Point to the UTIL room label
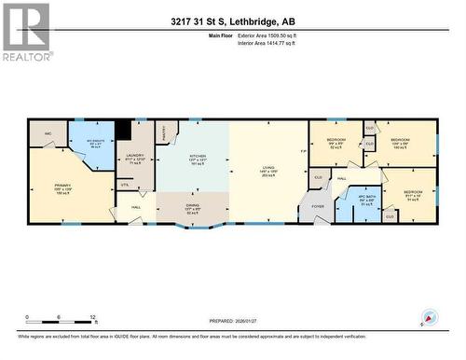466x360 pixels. click(x=123, y=187)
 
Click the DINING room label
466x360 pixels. click(x=191, y=210)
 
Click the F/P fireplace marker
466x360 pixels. click(x=302, y=151)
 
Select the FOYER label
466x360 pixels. click(x=318, y=207)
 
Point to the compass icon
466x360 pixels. click(x=428, y=317)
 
